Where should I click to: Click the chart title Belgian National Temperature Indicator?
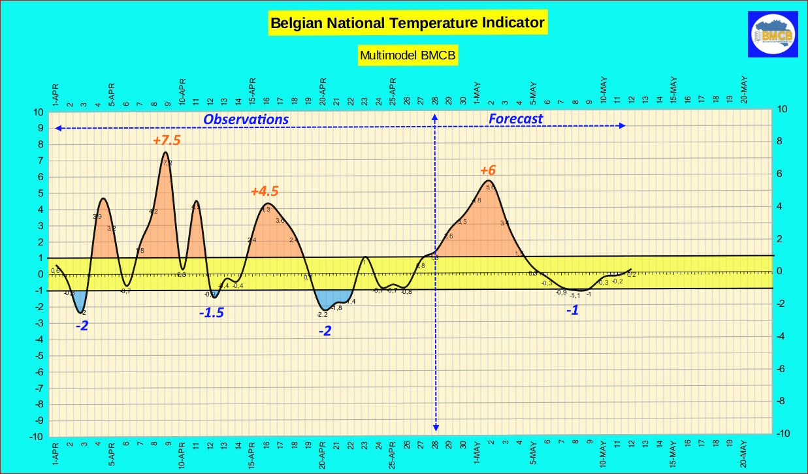[x=408, y=24]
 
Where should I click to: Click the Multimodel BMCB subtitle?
[x=408, y=55]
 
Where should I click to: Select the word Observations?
[x=246, y=119]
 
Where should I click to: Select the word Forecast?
[x=515, y=119]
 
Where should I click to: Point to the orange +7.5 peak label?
[x=167, y=140]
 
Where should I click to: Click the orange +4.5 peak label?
[x=265, y=191]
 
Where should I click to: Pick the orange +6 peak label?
[x=488, y=170]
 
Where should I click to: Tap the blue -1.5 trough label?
[x=212, y=313]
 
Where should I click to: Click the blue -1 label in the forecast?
[x=572, y=311]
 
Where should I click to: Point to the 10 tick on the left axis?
[x=39, y=112]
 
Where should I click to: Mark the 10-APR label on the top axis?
[x=182, y=92]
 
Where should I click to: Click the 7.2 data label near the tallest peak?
[x=167, y=163]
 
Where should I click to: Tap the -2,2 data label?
[x=322, y=315]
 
